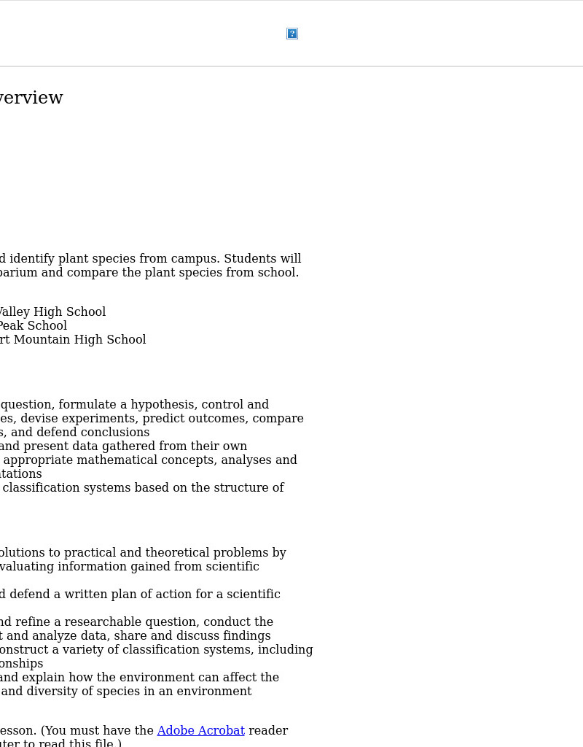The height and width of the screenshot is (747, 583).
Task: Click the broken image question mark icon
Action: click(292, 34)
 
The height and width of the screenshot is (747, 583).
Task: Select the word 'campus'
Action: click(198, 259)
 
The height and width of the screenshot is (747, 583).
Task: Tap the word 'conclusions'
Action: click(116, 433)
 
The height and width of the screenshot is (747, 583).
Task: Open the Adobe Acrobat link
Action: click(200, 731)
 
